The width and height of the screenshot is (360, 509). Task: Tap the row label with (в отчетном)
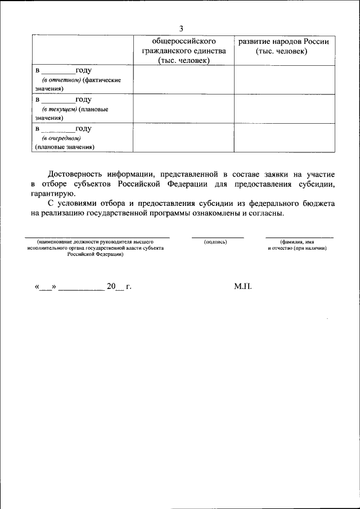pos(82,80)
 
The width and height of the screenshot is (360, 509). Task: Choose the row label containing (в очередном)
pos(82,138)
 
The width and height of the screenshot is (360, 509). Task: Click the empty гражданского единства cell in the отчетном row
pos(183,80)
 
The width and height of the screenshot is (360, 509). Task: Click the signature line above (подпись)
pos(217,237)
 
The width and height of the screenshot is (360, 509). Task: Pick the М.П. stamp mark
pos(243,286)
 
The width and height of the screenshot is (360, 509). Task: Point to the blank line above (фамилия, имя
pos(299,237)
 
